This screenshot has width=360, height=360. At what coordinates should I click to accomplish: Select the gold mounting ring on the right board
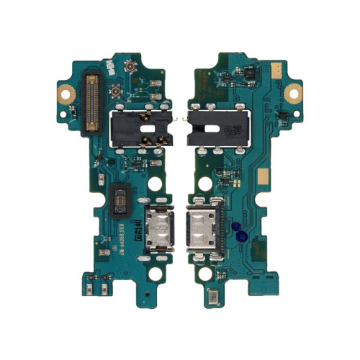click(293, 92)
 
